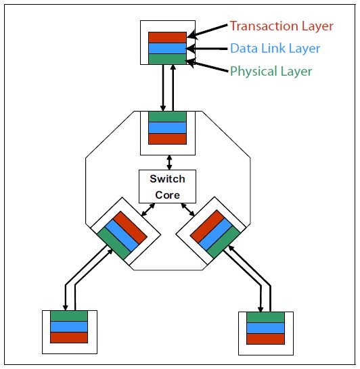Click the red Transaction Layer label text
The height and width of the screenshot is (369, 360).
click(282, 26)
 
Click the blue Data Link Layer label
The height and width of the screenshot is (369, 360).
click(275, 49)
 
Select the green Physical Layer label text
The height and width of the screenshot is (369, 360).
click(271, 70)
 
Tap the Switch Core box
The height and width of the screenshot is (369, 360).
click(167, 186)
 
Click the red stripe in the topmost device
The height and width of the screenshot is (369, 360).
click(167, 37)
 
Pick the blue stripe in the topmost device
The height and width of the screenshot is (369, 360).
click(167, 48)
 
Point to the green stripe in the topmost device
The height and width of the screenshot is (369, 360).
click(167, 59)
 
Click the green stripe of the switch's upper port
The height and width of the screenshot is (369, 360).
click(167, 117)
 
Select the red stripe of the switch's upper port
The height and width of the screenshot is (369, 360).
click(167, 139)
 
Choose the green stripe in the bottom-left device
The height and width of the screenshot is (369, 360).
click(69, 316)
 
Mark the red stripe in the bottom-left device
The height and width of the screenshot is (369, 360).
click(69, 337)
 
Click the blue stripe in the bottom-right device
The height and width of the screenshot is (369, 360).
click(265, 328)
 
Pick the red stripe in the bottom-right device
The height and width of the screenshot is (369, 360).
click(265, 339)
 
